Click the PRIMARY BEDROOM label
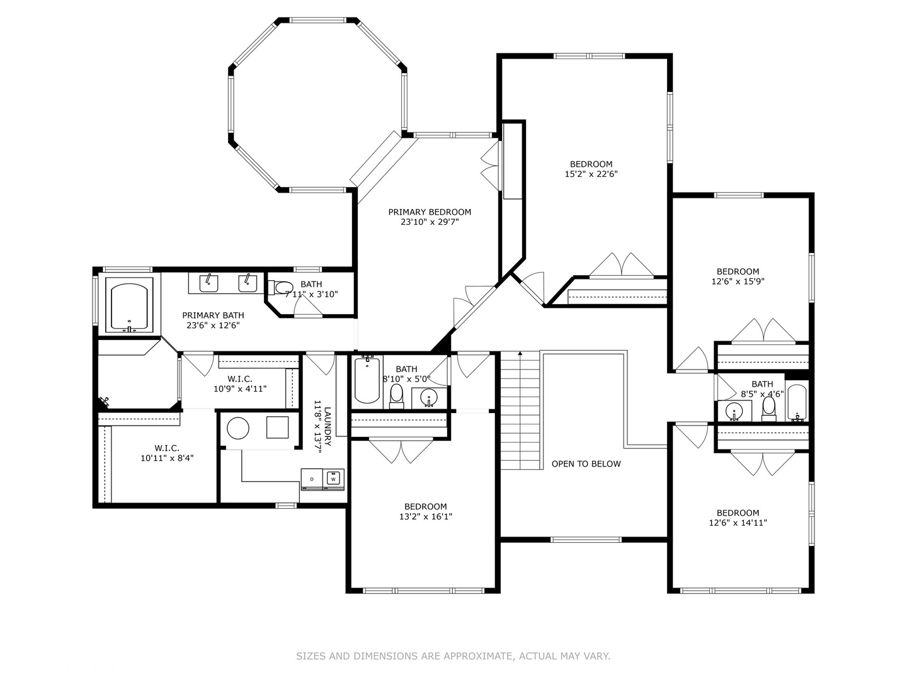[430, 212]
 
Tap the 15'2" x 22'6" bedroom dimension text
[591, 174]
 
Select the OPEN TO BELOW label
[586, 463]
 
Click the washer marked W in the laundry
[333, 479]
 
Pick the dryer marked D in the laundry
[312, 479]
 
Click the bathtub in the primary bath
[129, 305]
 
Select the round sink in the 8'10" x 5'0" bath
[430, 397]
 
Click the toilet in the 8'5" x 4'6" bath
[768, 408]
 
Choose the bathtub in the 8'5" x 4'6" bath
[797, 402]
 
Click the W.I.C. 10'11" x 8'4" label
[167, 453]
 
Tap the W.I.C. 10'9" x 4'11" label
[240, 383]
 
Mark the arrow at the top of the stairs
[520, 353]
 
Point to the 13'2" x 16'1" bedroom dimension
[426, 516]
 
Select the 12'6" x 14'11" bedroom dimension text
[738, 523]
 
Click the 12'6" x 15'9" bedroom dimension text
[738, 281]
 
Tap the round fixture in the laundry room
[238, 428]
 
